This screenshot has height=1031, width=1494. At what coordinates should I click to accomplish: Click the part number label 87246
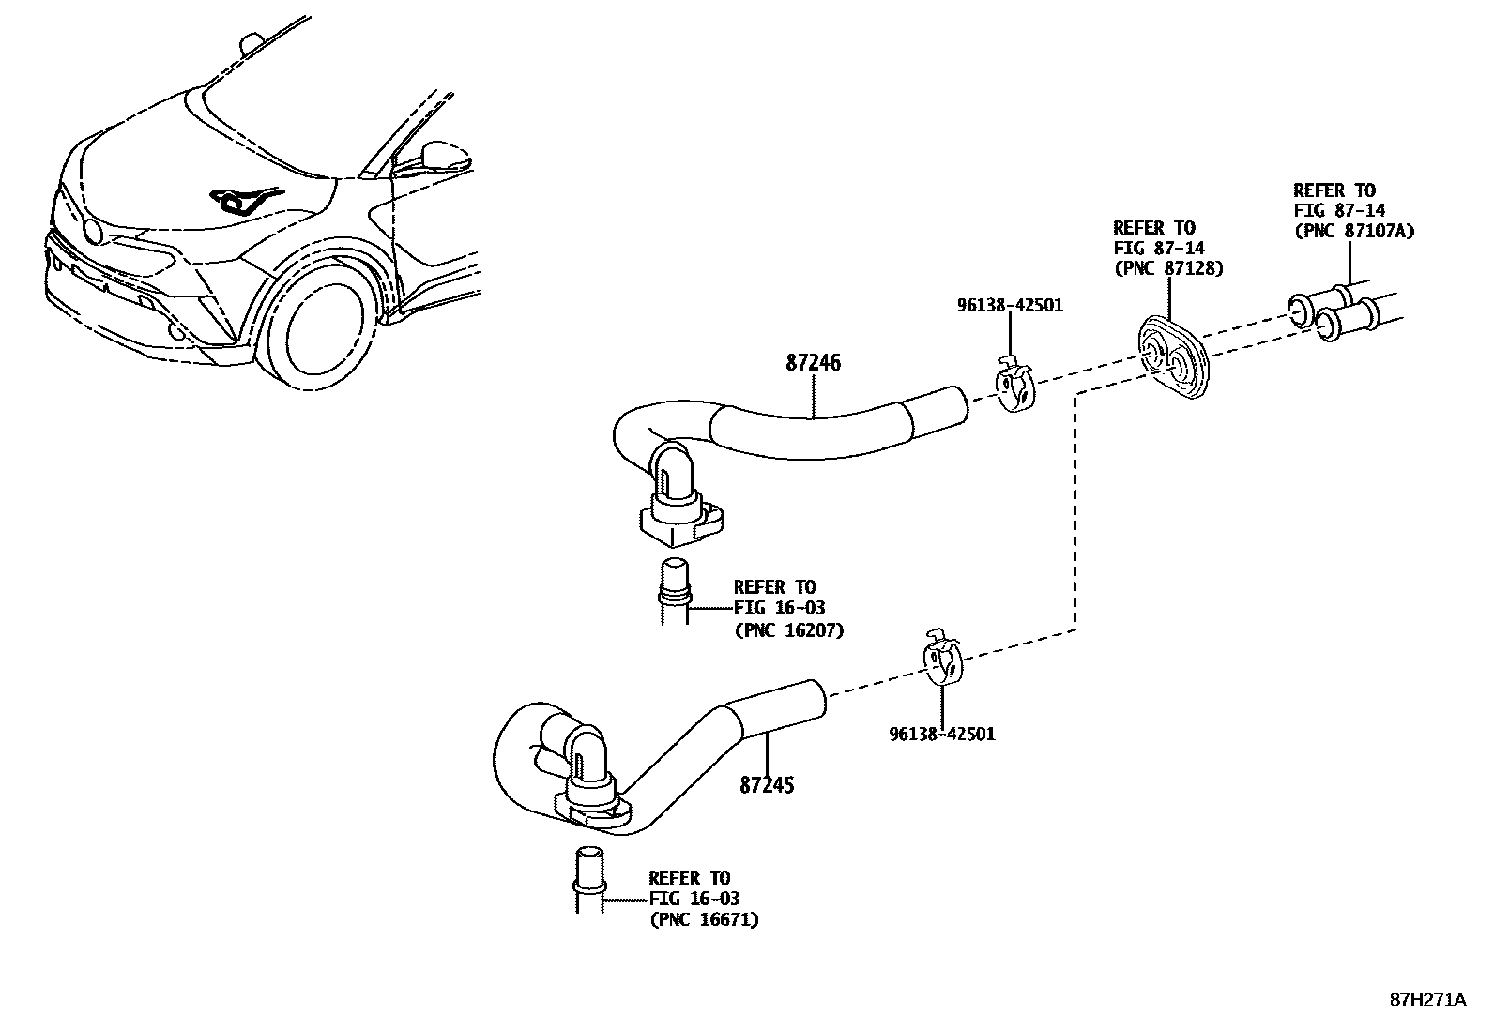click(813, 363)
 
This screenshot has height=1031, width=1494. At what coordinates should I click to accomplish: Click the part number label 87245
click(767, 784)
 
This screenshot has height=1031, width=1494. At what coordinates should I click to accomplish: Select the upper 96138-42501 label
click(1010, 305)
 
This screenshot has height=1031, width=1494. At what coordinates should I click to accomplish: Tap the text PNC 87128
click(1168, 268)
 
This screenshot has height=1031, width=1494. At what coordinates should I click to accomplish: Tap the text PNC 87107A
click(1353, 231)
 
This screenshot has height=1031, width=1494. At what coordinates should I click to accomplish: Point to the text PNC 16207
click(788, 630)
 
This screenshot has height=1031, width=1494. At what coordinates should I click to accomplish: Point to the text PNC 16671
click(704, 919)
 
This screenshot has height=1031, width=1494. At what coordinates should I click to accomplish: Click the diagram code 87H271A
click(1426, 1000)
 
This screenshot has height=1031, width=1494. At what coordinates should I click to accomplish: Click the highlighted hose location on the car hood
click(242, 200)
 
